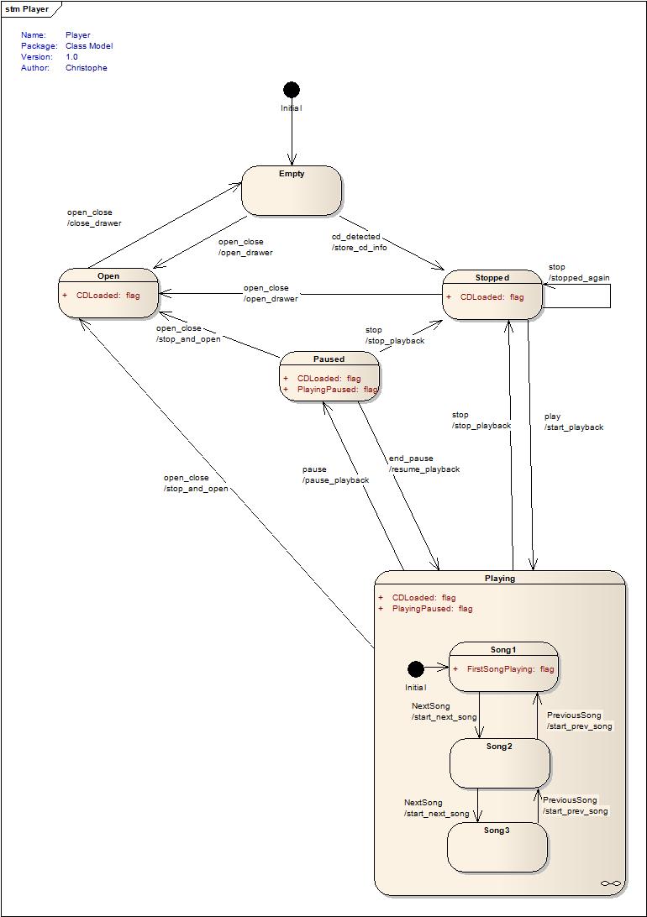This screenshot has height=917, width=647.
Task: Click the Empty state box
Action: click(x=292, y=191)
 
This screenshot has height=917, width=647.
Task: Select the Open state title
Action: click(x=108, y=275)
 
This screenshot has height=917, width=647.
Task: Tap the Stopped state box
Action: click(x=492, y=295)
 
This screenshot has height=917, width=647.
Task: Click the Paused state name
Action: click(x=329, y=359)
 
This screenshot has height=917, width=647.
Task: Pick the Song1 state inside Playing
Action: click(x=503, y=665)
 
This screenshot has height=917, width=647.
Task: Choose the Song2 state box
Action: click(x=500, y=763)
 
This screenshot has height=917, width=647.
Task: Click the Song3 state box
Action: click(x=497, y=847)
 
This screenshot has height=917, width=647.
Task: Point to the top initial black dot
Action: click(x=292, y=90)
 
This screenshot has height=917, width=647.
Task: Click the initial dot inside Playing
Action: click(x=415, y=668)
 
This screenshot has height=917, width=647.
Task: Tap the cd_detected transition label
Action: click(x=355, y=237)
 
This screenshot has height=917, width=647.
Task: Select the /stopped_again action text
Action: click(x=579, y=278)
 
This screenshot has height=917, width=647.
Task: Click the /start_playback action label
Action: click(x=574, y=427)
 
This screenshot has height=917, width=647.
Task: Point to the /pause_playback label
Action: click(x=335, y=480)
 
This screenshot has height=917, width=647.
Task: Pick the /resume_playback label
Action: click(x=424, y=469)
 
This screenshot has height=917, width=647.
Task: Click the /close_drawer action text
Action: click(x=94, y=223)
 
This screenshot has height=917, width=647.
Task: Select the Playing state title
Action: click(x=500, y=578)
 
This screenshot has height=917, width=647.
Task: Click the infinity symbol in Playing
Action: click(x=611, y=883)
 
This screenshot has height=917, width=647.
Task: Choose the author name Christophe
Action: click(x=87, y=68)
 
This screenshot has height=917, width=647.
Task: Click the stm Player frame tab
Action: click(x=27, y=9)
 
